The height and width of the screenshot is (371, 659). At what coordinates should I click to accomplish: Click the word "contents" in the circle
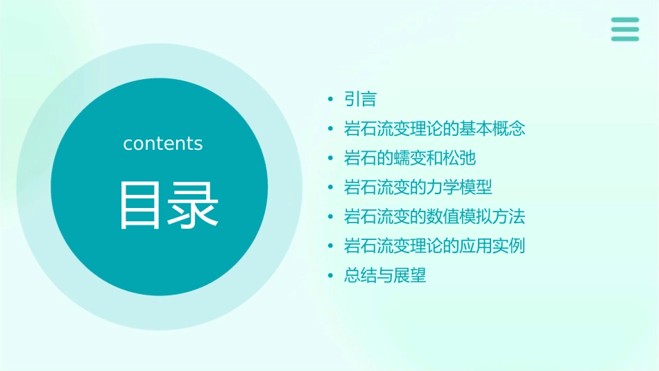(163, 144)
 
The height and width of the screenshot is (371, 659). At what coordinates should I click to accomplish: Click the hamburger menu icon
(625, 29)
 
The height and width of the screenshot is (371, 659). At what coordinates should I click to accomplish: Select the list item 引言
(360, 99)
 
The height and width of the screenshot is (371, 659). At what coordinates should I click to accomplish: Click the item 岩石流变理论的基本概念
(435, 129)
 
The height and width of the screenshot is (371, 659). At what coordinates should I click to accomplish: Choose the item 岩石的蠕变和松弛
(410, 158)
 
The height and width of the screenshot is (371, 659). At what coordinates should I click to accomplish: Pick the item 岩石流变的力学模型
(418, 187)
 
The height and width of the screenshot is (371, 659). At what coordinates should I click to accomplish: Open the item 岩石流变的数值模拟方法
(435, 216)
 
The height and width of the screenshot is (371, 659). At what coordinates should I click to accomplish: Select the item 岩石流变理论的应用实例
(435, 246)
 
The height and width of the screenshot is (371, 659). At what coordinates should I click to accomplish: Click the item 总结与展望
(385, 275)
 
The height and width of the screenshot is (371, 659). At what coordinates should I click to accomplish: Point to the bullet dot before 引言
(331, 100)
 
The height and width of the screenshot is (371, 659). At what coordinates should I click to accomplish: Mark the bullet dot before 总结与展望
(331, 276)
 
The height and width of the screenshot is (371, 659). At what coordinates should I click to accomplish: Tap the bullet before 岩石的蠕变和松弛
(331, 159)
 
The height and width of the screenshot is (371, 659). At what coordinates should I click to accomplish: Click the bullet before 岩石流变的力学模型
(331, 188)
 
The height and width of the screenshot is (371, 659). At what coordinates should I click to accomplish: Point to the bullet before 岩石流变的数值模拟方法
(331, 217)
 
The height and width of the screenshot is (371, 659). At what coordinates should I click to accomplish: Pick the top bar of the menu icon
(625, 20)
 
